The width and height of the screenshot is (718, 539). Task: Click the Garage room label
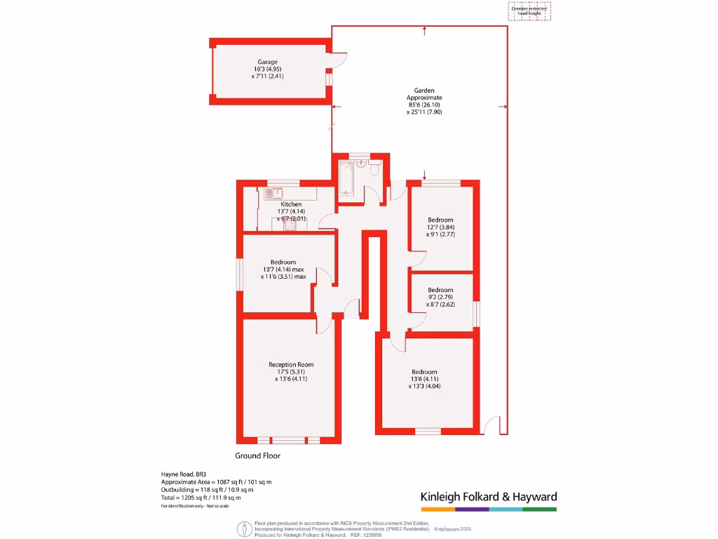(x=266, y=62)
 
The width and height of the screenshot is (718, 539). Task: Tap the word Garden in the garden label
(x=424, y=91)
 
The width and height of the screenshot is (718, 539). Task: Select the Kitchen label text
(x=291, y=204)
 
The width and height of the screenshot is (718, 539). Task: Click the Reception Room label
(x=291, y=364)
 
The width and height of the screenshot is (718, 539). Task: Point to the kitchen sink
(x=273, y=192)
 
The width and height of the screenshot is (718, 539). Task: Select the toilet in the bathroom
(x=375, y=168)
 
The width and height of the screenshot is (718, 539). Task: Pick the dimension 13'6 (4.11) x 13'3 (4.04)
(x=424, y=382)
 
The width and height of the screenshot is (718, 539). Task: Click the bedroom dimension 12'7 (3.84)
(x=441, y=227)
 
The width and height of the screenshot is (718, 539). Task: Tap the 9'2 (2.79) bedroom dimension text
(x=441, y=297)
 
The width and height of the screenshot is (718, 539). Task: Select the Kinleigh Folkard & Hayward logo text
(x=488, y=497)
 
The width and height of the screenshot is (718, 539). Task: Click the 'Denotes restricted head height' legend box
(x=529, y=11)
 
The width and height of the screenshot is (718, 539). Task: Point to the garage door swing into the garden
(x=339, y=61)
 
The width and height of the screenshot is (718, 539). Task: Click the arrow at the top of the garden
(x=424, y=31)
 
